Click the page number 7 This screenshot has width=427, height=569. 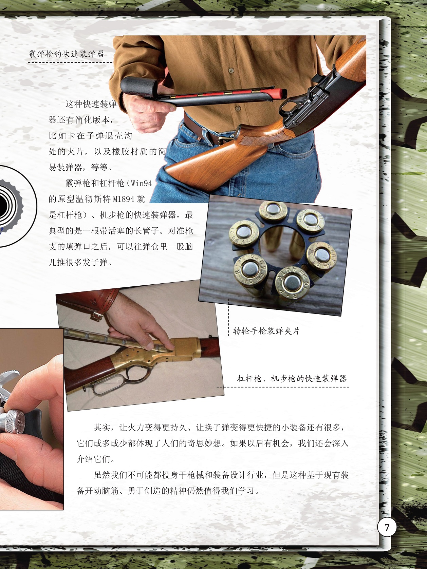387,527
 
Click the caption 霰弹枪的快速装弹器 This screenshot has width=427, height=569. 67,54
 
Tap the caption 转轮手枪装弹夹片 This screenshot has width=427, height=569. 266,331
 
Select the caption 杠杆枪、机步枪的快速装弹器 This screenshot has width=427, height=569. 292,379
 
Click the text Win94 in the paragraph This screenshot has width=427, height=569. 142,184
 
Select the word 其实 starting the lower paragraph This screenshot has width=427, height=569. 102,428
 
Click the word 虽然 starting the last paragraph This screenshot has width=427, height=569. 102,475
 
